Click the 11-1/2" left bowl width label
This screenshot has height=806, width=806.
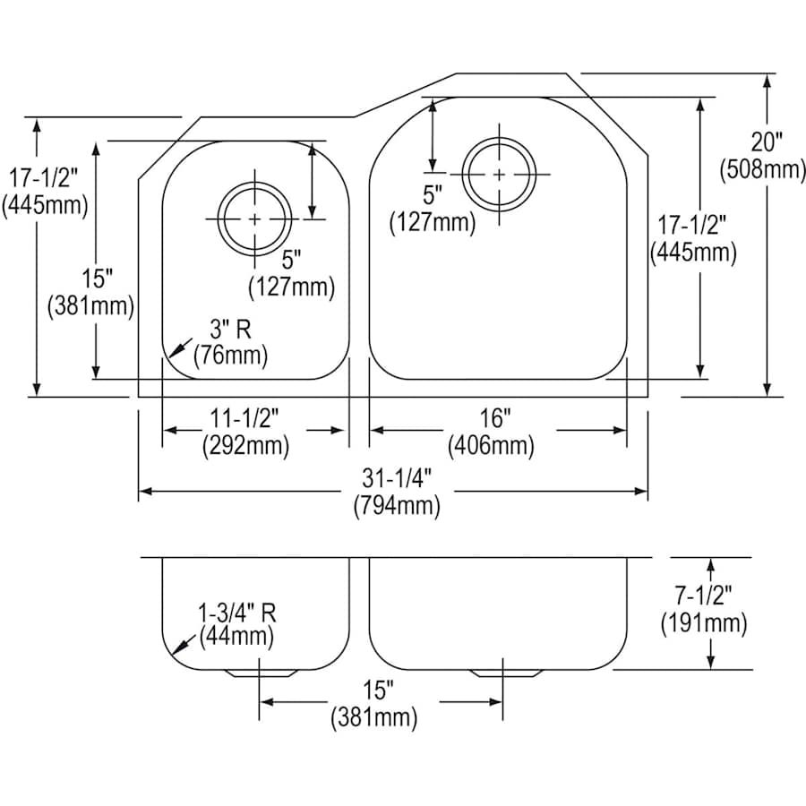pyautogui.click(x=245, y=417)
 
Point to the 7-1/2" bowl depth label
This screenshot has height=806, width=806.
pyautogui.click(x=703, y=595)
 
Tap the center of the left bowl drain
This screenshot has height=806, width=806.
pyautogui.click(x=256, y=219)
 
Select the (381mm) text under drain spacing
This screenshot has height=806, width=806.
pyautogui.click(x=375, y=716)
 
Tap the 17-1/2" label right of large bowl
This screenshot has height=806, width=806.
pyautogui.click(x=692, y=224)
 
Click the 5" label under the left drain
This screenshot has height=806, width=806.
pyautogui.click(x=289, y=260)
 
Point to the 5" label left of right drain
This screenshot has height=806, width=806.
pyautogui.click(x=433, y=193)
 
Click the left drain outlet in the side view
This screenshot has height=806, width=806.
pyautogui.click(x=260, y=673)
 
